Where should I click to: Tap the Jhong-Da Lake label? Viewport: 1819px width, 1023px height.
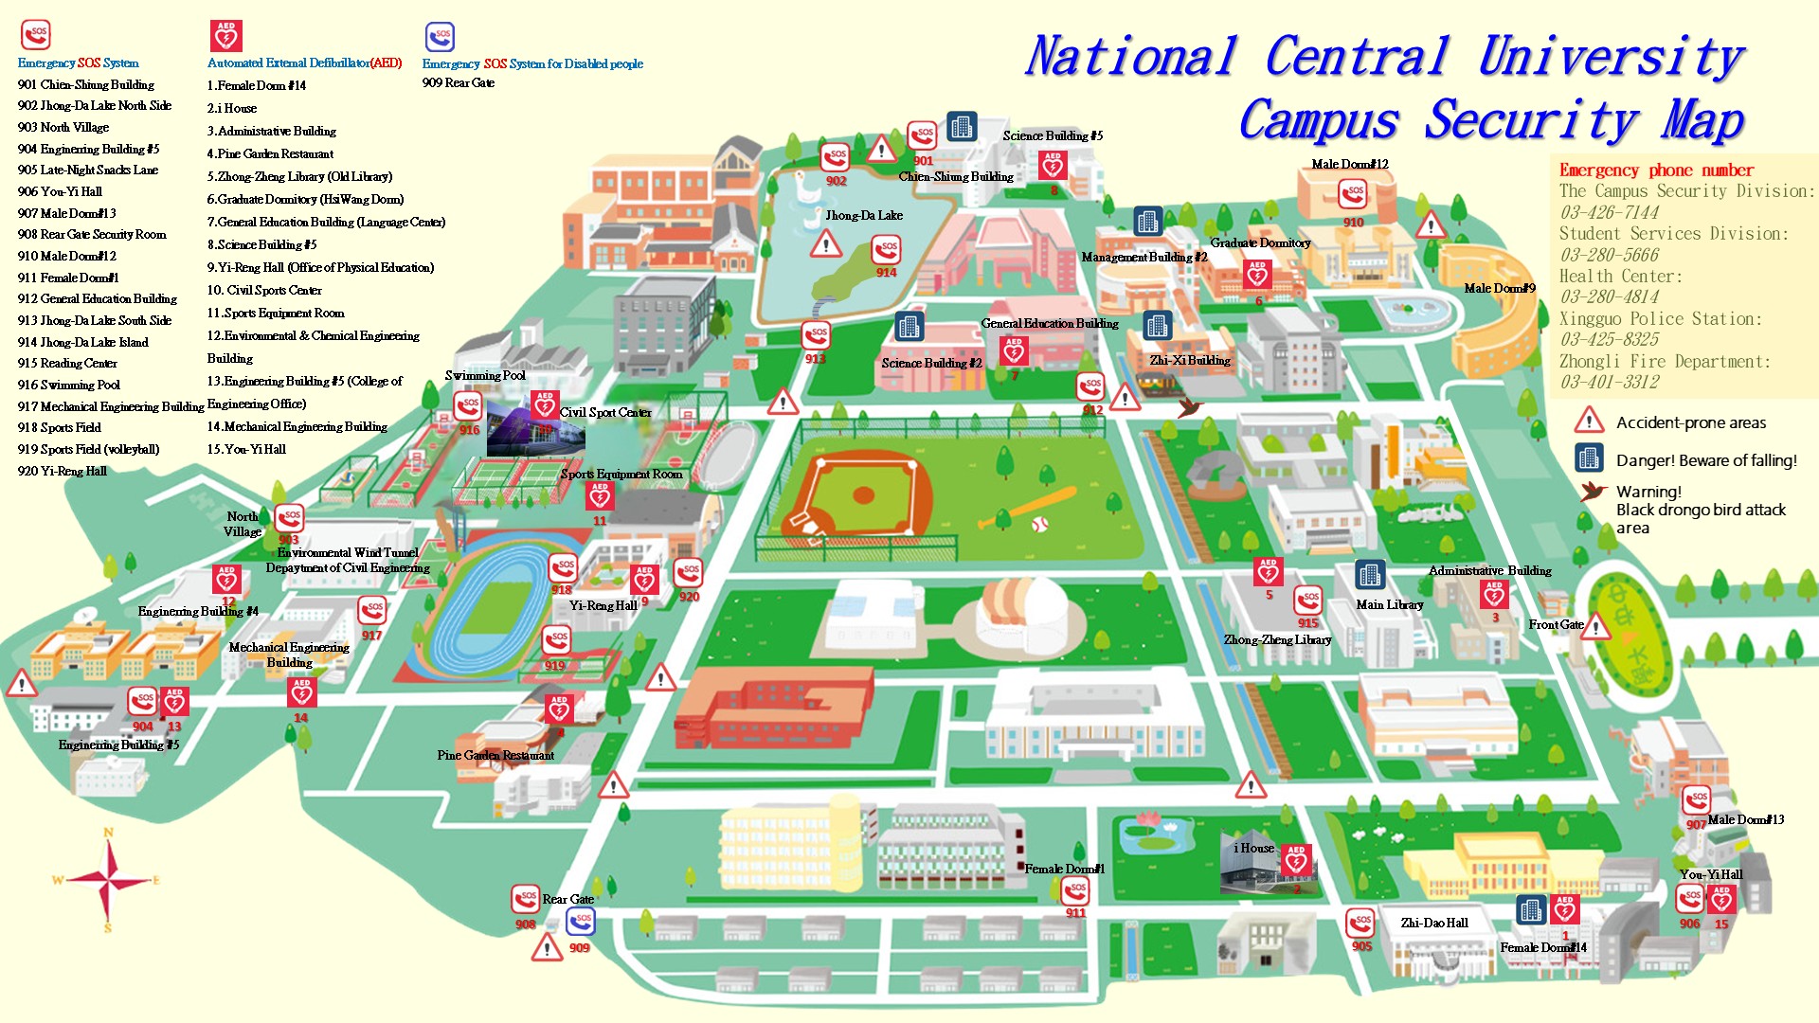click(x=863, y=216)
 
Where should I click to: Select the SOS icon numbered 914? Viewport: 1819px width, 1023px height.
click(x=886, y=251)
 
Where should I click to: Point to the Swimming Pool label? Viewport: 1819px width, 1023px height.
click(x=485, y=376)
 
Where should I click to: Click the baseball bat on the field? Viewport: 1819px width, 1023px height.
click(x=1030, y=507)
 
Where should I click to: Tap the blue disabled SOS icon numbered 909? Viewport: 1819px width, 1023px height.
click(x=581, y=921)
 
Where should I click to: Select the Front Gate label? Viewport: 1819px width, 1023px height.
click(x=1556, y=625)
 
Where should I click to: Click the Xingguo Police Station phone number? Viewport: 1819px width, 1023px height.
click(x=1609, y=340)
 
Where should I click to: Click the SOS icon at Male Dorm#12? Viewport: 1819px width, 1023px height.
click(x=1352, y=195)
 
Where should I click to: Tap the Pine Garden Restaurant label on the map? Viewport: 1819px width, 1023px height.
click(x=495, y=756)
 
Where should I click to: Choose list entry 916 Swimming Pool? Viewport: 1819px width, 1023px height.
click(x=69, y=386)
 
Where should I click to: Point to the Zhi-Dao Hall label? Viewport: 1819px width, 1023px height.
click(x=1433, y=924)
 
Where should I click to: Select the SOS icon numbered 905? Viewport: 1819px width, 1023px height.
click(x=1360, y=922)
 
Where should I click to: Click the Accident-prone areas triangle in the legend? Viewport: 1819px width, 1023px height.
click(x=1589, y=421)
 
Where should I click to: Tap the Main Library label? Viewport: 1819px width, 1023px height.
click(x=1389, y=605)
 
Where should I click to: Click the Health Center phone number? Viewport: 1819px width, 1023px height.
click(x=1608, y=297)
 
